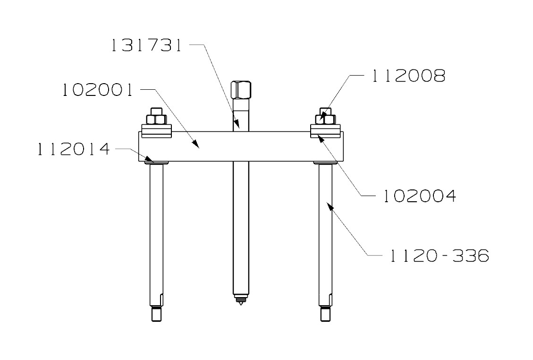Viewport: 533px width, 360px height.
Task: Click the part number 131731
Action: pos(146,46)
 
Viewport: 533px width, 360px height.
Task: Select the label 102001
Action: pos(98,90)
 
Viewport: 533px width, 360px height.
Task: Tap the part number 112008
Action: pos(409,76)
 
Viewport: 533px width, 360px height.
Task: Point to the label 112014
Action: pos(74,149)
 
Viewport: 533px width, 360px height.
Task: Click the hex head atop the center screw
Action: pos(241,89)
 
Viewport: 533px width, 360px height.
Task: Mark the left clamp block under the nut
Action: pos(156,131)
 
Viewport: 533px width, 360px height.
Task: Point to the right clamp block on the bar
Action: pos(325,131)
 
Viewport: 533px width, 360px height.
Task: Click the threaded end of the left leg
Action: pos(156,314)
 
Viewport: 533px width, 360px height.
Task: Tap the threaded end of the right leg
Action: pos(325,314)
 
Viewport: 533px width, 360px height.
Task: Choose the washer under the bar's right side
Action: pos(325,163)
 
